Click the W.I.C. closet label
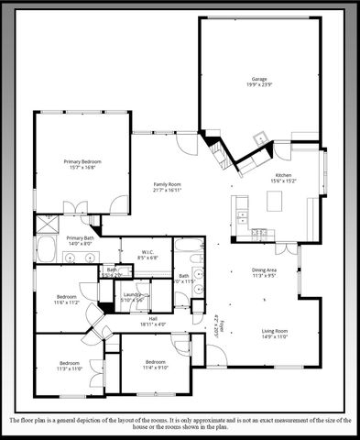pos(147,252)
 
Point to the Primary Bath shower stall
pos(48,222)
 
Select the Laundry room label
pos(134,294)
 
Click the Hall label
pos(153,319)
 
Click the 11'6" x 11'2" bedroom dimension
pos(66,302)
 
